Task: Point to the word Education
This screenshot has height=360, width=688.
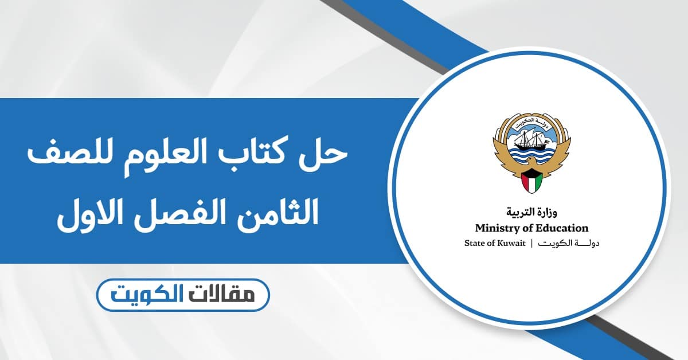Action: tap(558, 228)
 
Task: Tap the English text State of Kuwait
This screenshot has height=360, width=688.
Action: tap(492, 244)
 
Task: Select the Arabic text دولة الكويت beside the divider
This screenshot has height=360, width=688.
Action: tap(570, 244)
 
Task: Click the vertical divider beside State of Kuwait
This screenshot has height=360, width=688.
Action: tap(531, 244)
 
